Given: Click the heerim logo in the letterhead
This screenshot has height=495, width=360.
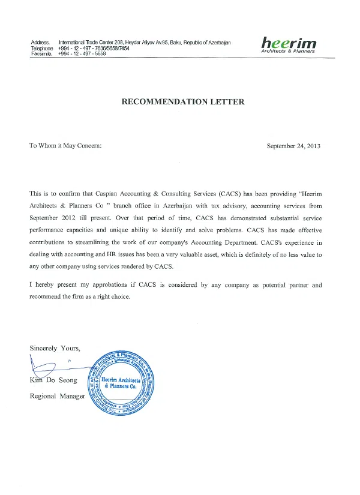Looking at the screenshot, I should tap(290, 43).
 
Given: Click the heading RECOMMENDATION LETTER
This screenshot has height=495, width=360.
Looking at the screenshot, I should tap(183, 102).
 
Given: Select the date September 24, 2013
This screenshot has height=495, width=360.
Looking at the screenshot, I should tap(293, 145).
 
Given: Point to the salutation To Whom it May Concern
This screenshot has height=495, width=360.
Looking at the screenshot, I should tap(66, 145).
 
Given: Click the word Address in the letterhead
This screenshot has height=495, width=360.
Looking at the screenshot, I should tap(40, 42).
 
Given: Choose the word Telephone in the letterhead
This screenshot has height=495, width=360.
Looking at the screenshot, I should tap(42, 48).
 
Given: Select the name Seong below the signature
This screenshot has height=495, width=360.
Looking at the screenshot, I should tap(68, 381).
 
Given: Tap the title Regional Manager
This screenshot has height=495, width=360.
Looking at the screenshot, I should tap(58, 396).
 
